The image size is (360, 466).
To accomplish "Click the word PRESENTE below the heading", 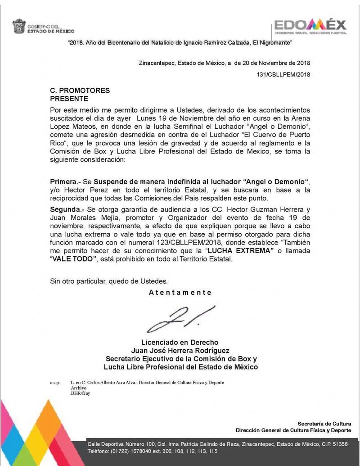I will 69,99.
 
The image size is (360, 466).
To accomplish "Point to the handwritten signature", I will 180,319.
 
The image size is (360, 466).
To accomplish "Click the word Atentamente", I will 180,292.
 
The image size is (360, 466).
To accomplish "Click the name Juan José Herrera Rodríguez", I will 180,350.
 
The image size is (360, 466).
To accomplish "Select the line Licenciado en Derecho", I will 180,342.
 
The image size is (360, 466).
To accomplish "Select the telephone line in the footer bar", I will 153,451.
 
